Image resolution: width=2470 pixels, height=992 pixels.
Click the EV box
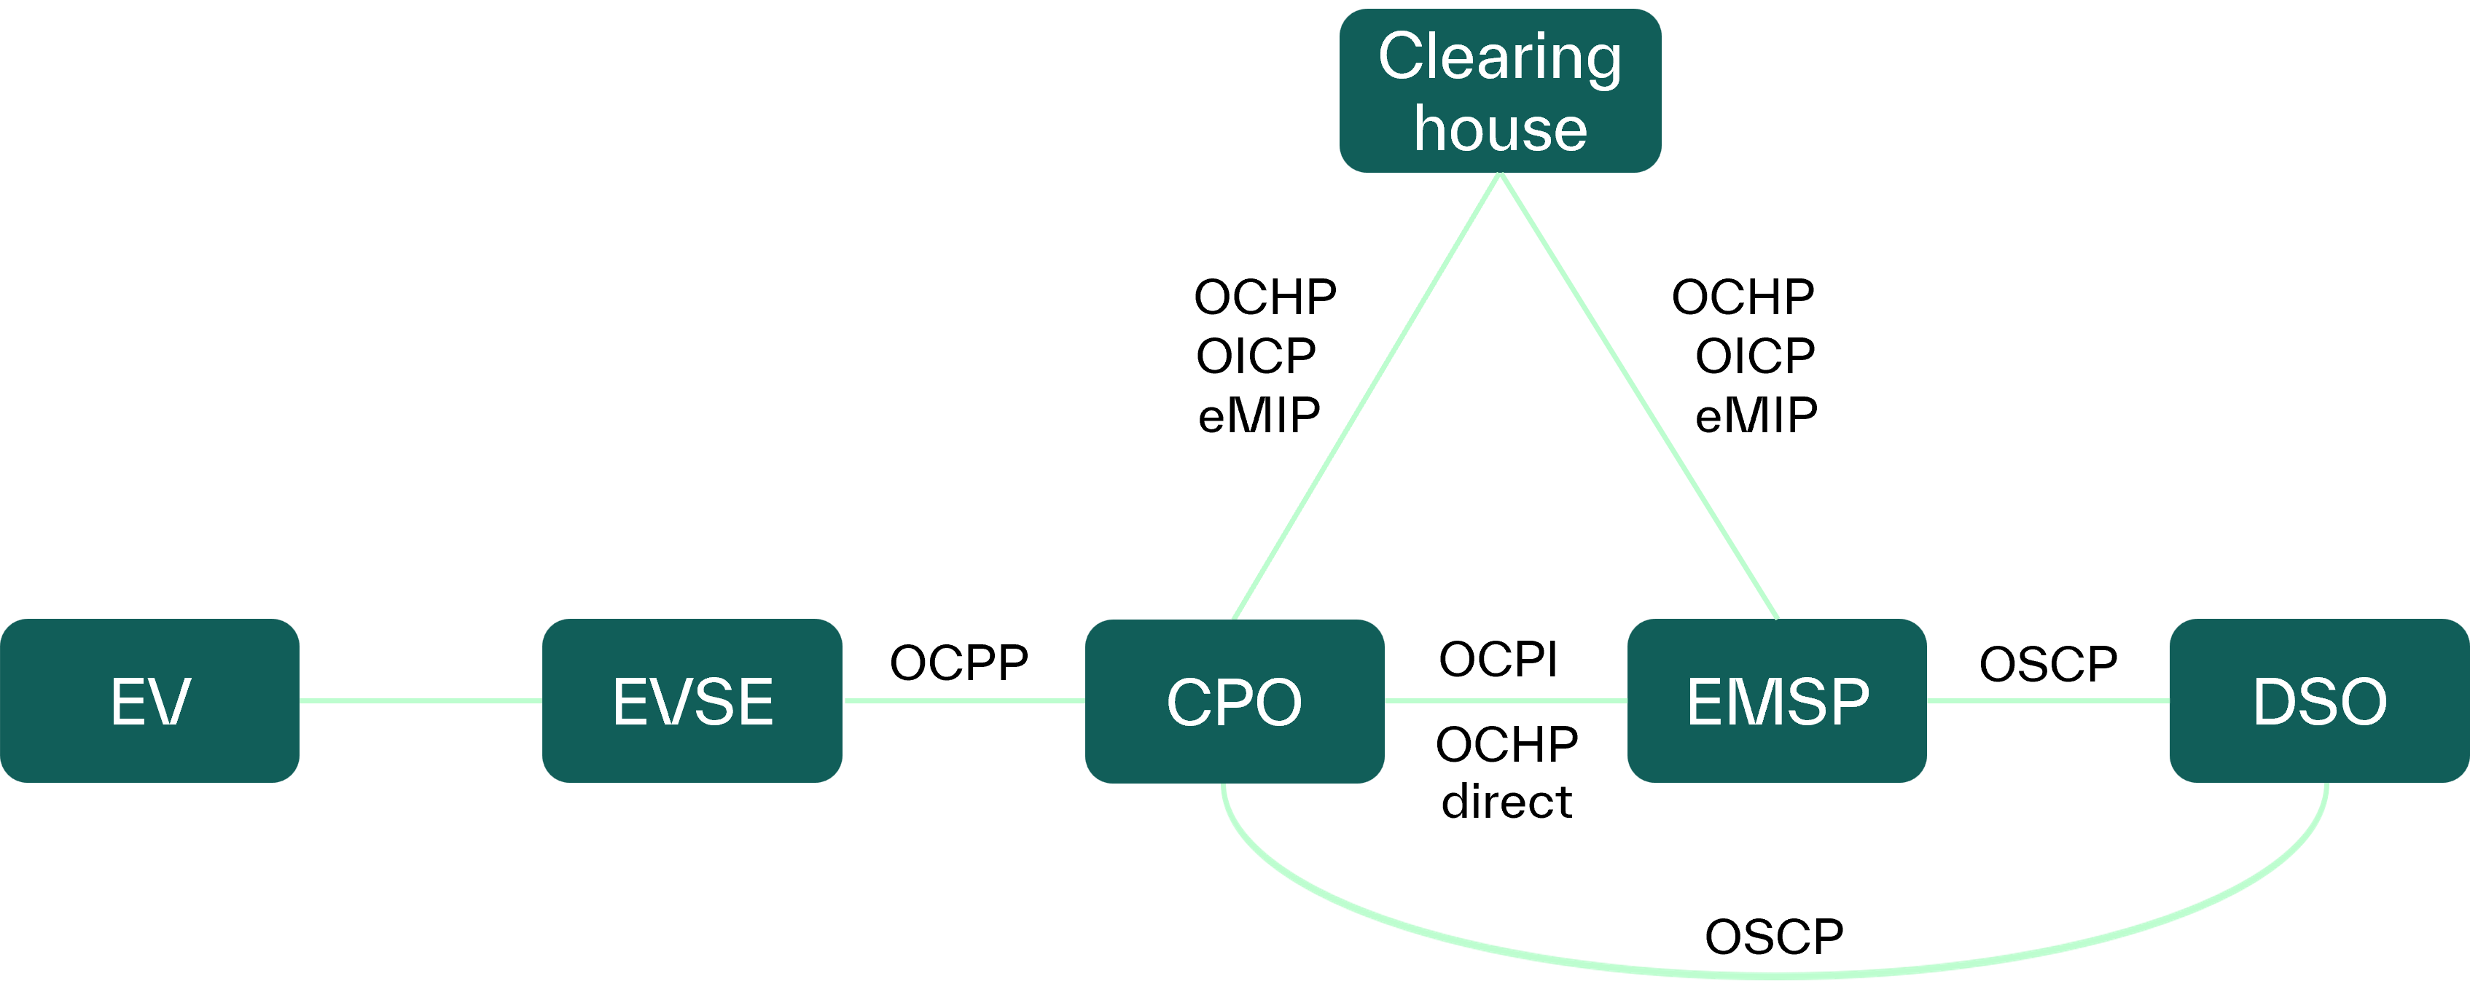(149, 700)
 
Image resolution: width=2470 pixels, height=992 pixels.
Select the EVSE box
(692, 700)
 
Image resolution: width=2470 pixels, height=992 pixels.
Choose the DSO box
(2318, 700)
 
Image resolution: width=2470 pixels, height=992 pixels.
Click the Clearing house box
(1500, 91)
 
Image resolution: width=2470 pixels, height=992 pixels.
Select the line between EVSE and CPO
(964, 700)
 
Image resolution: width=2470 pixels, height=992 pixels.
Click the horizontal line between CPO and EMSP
(1506, 700)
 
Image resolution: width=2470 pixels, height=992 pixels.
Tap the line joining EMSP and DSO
(2048, 700)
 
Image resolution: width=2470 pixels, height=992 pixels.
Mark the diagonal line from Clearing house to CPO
(1367, 396)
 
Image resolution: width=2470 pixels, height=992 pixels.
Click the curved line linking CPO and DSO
(1774, 975)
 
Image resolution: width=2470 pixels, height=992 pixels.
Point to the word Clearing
(1500, 58)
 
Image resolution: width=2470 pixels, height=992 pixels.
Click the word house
(1500, 130)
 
